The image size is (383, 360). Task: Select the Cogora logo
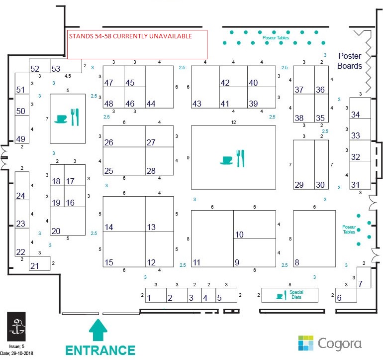(x=330, y=344)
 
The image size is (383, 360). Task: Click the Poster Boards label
(x=350, y=61)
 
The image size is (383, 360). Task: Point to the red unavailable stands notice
(x=137, y=44)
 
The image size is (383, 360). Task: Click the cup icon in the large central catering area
(x=226, y=160)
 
